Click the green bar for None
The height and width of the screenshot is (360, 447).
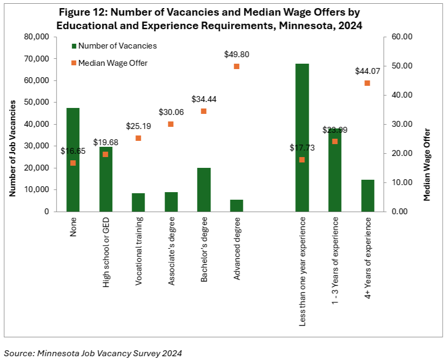73,189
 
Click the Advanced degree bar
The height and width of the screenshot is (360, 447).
236,206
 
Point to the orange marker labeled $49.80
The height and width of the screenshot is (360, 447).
236,66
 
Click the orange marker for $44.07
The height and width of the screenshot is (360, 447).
367,83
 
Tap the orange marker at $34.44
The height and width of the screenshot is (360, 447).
204,111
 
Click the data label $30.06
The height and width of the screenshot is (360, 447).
171,112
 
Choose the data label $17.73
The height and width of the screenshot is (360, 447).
301,148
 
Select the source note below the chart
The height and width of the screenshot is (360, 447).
93,353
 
